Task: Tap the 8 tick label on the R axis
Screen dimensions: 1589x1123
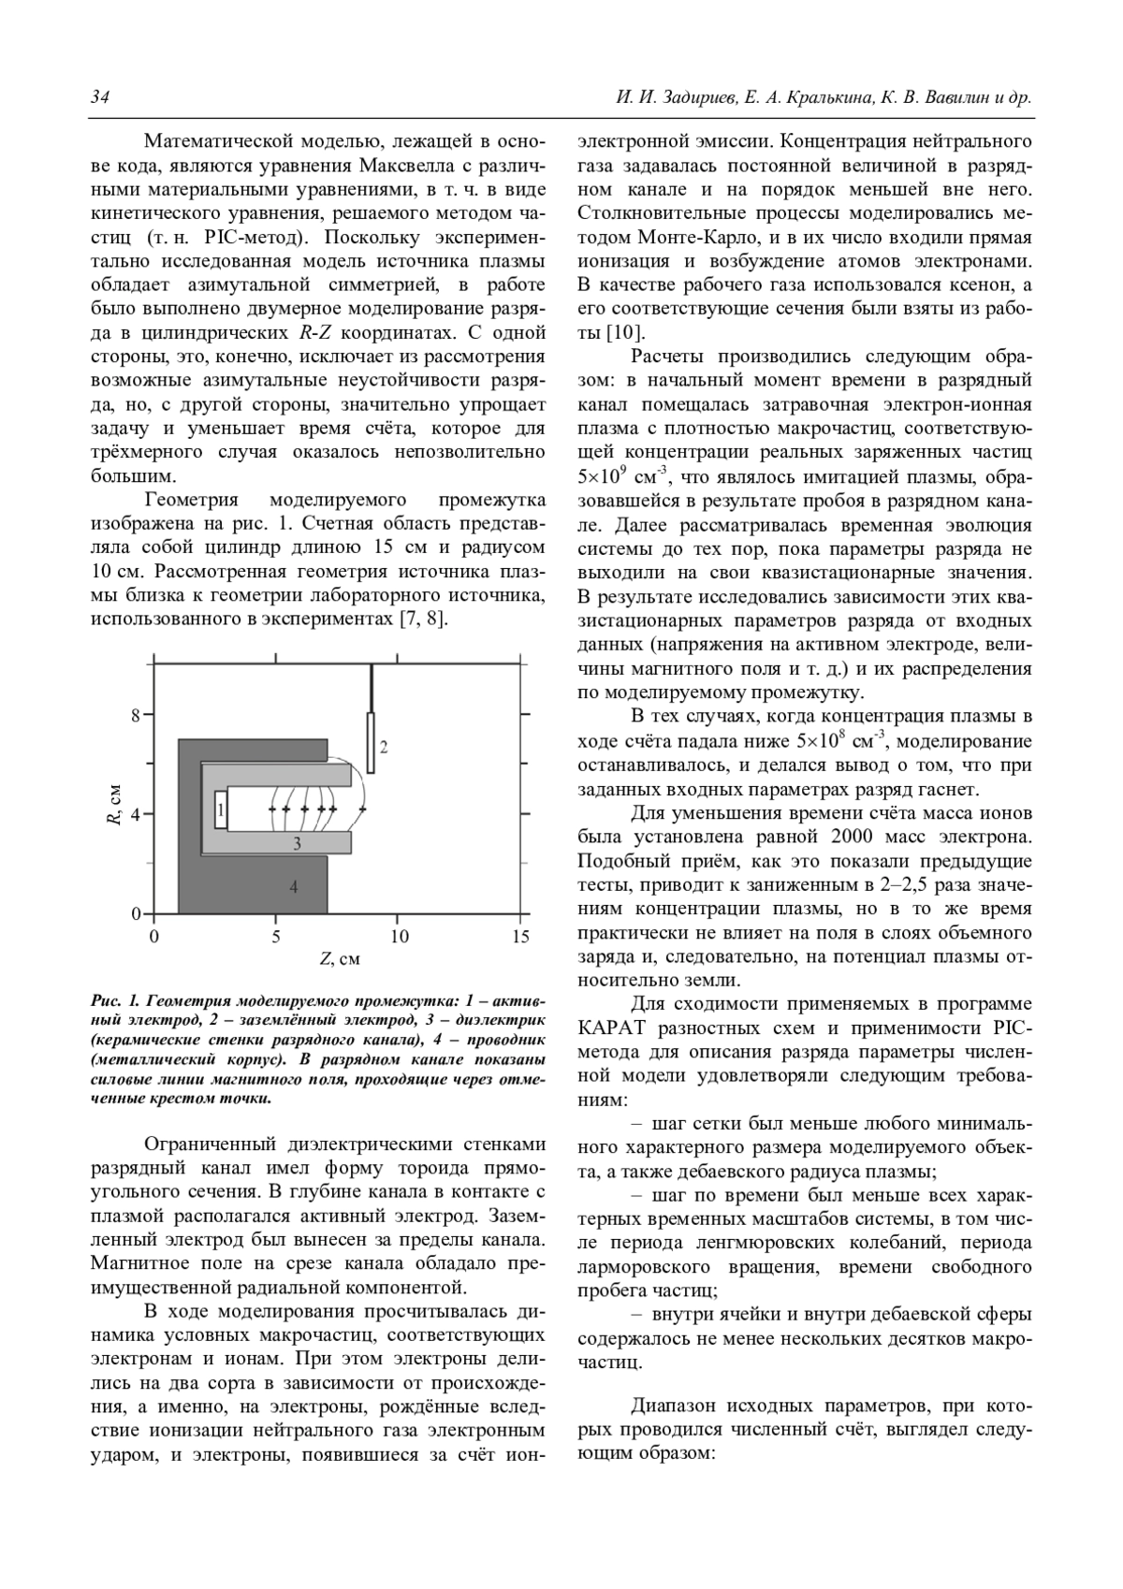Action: (x=135, y=716)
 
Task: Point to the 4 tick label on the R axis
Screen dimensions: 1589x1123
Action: (x=135, y=814)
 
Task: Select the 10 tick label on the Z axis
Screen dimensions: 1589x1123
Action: (x=399, y=937)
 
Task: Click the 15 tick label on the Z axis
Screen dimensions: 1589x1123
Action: (x=521, y=937)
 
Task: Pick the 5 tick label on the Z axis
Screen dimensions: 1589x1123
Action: (x=276, y=937)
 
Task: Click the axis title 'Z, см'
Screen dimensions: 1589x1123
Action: (x=340, y=958)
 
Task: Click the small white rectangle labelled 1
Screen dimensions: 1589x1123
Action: (x=221, y=809)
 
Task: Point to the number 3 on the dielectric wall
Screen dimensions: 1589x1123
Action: (x=297, y=843)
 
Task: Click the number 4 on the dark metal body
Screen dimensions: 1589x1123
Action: (x=294, y=886)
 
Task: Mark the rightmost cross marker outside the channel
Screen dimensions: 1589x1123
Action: (x=362, y=808)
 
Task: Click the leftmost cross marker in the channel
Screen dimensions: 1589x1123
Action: (x=272, y=808)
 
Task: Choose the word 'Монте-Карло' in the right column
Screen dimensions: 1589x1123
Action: (x=702, y=235)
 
